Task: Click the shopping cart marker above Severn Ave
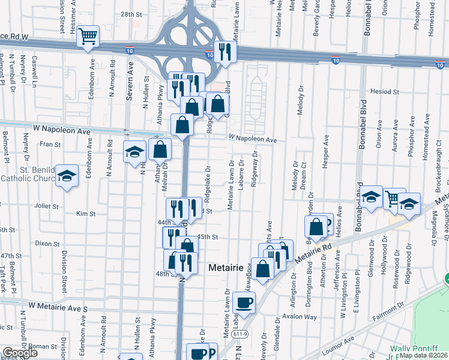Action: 88,37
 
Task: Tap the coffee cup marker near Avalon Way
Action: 244,302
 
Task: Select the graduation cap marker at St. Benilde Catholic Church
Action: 67,176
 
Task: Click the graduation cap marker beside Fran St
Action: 134,152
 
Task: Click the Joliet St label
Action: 47,205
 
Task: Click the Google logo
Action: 20,353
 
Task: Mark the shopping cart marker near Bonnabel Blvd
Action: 394,198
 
